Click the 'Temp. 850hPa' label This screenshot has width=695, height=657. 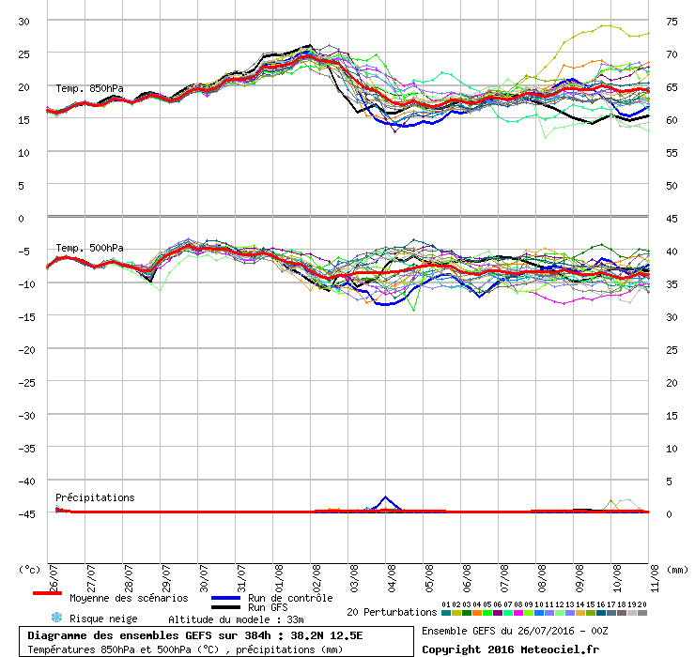point(89,89)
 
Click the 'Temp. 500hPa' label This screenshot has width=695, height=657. point(89,249)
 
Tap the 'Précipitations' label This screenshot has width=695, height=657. point(95,497)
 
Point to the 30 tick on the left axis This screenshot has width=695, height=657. point(25,22)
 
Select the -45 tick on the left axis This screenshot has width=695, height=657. point(23,513)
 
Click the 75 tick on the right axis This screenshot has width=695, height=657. point(672,22)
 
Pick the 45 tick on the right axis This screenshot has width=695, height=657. point(672,219)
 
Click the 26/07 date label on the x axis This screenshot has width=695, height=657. point(54,573)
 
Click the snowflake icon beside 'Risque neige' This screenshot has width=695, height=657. point(55,619)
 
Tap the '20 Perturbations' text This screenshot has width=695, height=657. point(392,612)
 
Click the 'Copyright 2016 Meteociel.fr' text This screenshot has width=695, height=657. point(510,649)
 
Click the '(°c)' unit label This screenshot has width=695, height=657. point(30,569)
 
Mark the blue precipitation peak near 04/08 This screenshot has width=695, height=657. point(385,497)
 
